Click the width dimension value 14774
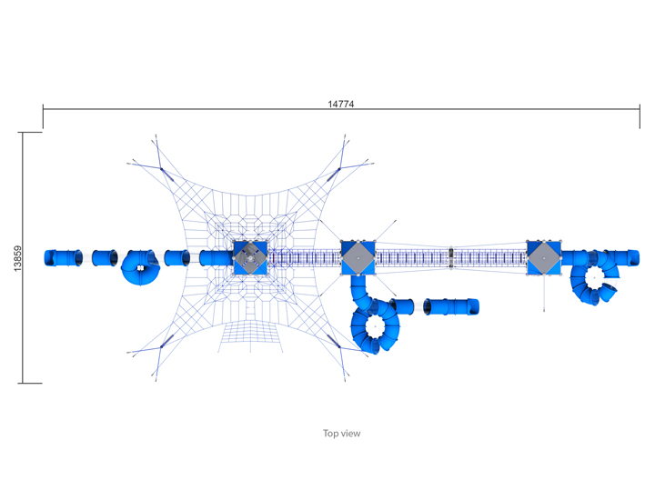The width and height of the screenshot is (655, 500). click(340, 104)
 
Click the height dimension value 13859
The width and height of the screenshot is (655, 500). click(17, 258)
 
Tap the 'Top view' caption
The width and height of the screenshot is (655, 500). click(341, 434)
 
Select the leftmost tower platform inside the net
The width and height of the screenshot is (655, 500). click(250, 258)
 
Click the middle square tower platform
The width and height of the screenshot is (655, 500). click(358, 258)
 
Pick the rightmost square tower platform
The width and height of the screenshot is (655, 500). click(544, 258)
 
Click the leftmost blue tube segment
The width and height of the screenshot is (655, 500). click(64, 258)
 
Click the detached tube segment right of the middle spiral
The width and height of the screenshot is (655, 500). click(451, 306)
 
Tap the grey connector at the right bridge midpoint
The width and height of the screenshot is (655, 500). click(450, 258)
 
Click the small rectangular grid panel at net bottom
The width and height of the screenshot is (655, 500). click(251, 336)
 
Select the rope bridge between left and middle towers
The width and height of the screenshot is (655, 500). click(304, 258)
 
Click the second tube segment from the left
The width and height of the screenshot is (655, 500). click(105, 258)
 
